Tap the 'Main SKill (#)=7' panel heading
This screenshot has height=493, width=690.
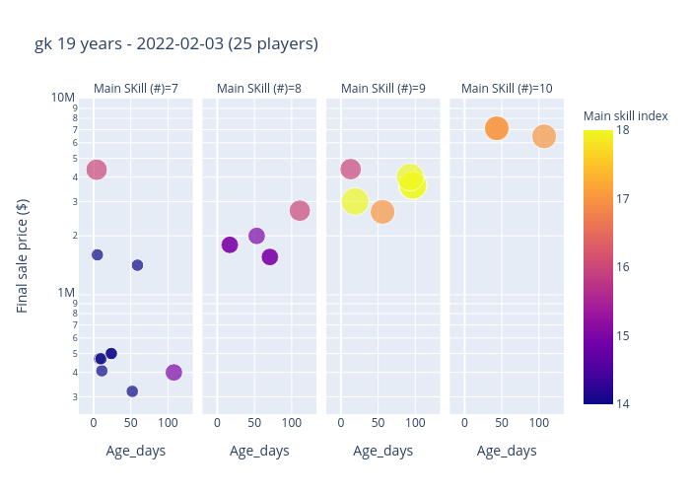pos(136,89)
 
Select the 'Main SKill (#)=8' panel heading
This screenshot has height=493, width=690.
pos(259,89)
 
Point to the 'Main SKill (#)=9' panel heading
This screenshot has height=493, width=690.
pos(383,89)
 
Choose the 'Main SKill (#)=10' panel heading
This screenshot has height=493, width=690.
pos(507,89)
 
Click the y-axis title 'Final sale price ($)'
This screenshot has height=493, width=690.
pos(23,255)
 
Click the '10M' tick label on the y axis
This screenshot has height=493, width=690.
pos(63,98)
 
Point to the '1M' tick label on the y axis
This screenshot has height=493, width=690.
pos(66,293)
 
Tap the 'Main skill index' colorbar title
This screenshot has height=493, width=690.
pos(626,116)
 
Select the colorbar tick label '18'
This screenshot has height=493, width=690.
pos(623,130)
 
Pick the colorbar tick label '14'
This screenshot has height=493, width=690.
pos(623,403)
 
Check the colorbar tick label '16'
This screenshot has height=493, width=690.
pos(623,267)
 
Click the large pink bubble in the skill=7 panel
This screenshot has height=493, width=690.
pos(96,170)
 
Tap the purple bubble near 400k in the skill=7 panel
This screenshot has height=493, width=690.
pos(173,373)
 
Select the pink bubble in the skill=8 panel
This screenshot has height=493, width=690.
pos(300,211)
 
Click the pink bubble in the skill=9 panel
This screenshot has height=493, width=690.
pos(350,170)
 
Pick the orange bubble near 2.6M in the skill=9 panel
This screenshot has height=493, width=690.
pos(382,212)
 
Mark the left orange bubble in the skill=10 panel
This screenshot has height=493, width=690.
pos(497,128)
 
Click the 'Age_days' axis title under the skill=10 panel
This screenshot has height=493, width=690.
pos(507,452)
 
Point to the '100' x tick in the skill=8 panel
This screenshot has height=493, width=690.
pos(291,423)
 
